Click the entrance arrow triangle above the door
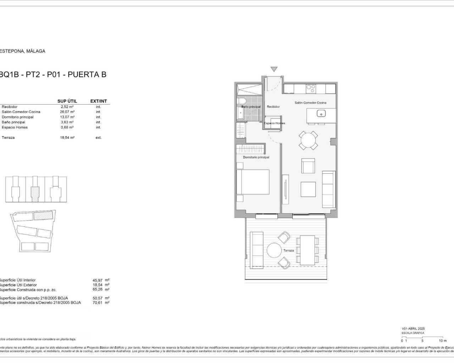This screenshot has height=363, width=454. (273, 69)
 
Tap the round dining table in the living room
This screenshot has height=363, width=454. (308, 140)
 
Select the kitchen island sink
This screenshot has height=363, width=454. (321, 114)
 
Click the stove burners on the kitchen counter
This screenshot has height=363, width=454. (311, 88)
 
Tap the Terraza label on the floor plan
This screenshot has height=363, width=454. (288, 251)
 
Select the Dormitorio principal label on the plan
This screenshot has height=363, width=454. (256, 157)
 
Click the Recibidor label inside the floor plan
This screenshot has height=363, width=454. (273, 107)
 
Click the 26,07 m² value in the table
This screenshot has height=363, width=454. (67, 112)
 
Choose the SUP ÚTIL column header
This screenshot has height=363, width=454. (67, 101)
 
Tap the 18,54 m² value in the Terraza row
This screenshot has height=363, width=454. (67, 138)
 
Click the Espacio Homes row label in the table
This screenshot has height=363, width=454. (15, 128)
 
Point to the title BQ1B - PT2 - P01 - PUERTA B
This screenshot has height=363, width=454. (53, 74)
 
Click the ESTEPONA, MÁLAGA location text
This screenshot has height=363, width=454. (23, 51)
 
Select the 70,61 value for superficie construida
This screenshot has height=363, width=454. (97, 303)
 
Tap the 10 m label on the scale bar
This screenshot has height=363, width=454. (442, 341)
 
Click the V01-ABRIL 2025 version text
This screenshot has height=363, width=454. (413, 329)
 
